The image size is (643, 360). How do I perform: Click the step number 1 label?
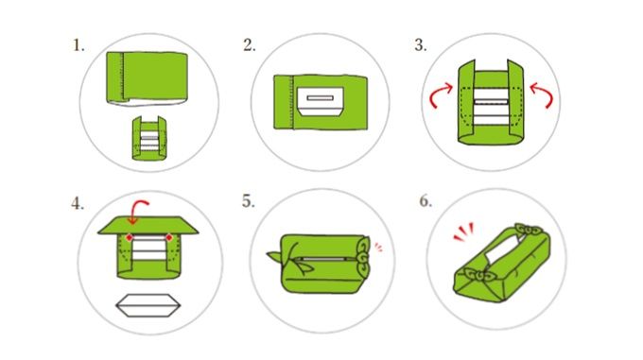tap(78, 45)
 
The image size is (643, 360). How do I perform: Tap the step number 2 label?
tap(249, 44)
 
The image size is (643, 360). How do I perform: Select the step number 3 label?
tap(420, 44)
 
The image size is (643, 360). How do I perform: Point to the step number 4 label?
tap(78, 203)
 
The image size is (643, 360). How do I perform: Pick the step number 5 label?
tap(248, 200)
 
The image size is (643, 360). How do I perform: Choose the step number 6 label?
tap(426, 200)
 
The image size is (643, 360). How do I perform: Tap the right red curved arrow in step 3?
tap(543, 94)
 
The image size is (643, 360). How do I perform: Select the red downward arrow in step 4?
tap(136, 211)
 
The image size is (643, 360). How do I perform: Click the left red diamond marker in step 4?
tap(130, 237)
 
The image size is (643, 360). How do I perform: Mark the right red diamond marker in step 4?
tap(168, 237)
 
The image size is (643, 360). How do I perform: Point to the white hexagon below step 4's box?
tap(148, 305)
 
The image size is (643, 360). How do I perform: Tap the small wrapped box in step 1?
tap(149, 138)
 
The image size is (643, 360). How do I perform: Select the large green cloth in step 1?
tap(148, 77)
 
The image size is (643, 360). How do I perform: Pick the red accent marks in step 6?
tap(463, 231)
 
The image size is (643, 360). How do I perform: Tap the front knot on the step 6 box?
tap(478, 276)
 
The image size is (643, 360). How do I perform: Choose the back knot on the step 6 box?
tap(529, 231)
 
